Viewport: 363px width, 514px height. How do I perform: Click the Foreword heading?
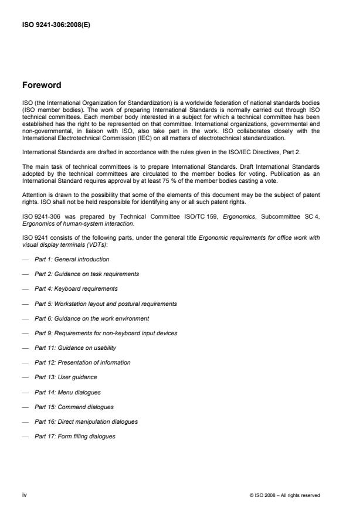(x=42, y=85)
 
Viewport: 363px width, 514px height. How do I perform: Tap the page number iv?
(x=25, y=495)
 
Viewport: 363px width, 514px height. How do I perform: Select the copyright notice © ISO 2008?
(x=284, y=495)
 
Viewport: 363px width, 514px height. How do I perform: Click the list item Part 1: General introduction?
(x=72, y=259)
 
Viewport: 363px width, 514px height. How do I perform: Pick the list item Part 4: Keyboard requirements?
(x=76, y=288)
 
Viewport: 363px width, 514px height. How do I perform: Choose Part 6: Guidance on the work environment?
(x=91, y=318)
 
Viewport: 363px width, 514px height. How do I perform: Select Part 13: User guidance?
(x=66, y=377)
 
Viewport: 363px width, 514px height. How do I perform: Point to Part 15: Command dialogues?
(x=74, y=407)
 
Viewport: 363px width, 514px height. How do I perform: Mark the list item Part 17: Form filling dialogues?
(x=75, y=436)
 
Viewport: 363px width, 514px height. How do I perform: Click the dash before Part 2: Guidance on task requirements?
(x=25, y=274)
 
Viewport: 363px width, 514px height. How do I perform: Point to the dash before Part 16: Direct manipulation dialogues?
(x=25, y=421)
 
